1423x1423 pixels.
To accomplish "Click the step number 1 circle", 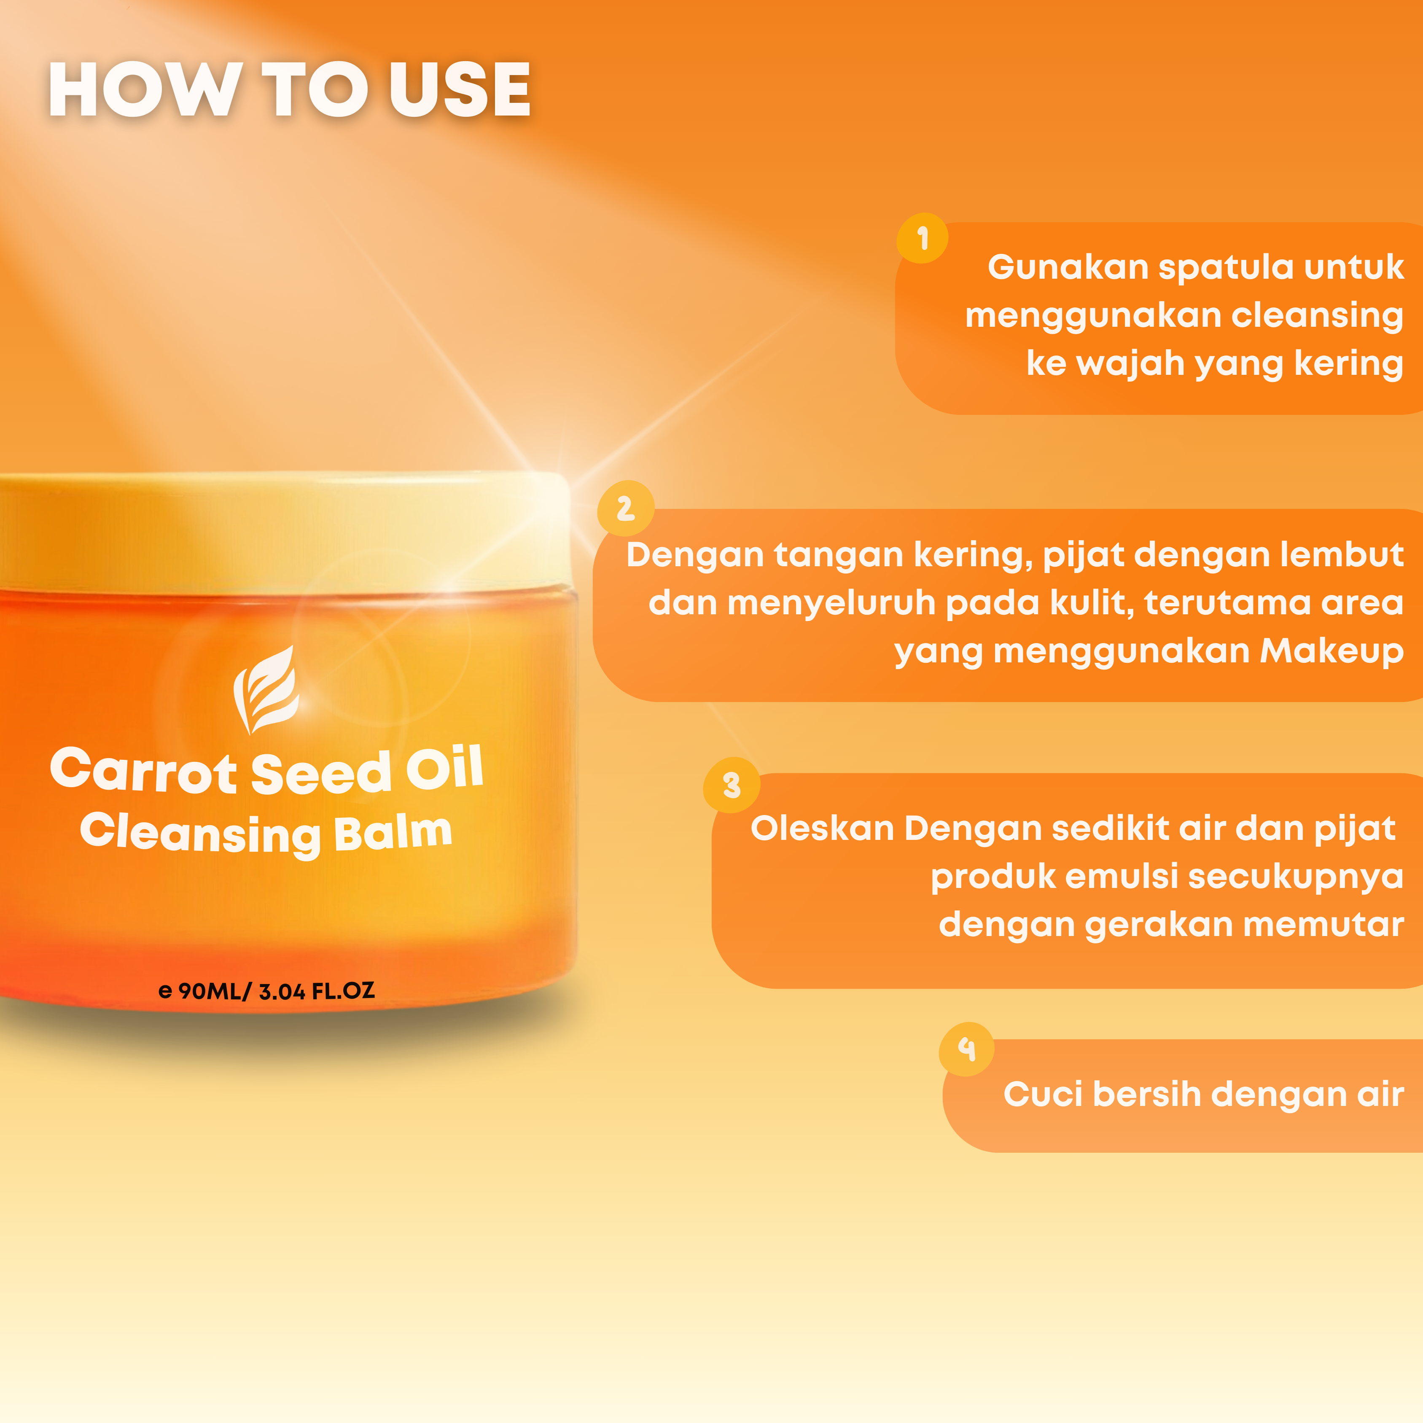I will pyautogui.click(x=922, y=238).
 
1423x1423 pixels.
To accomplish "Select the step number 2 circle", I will pyautogui.click(x=625, y=508).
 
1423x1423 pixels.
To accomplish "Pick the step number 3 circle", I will pyautogui.click(x=732, y=785).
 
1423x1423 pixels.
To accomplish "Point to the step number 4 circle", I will pyautogui.click(x=966, y=1049).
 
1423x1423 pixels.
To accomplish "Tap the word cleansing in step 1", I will pyautogui.click(x=1317, y=315).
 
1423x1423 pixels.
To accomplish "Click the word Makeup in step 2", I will pyautogui.click(x=1332, y=651).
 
